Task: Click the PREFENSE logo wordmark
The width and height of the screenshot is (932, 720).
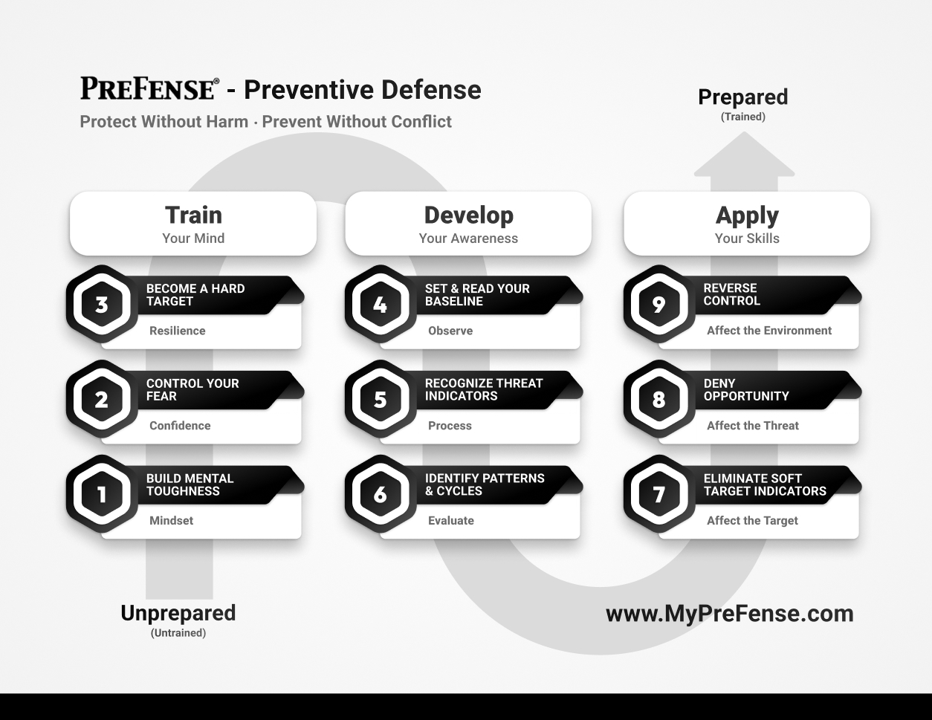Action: (149, 88)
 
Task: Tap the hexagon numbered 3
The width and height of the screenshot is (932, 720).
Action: (102, 304)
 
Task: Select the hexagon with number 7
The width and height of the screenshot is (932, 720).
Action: (658, 494)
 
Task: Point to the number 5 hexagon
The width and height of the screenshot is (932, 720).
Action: (380, 399)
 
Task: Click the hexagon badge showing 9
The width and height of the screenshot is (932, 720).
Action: (658, 304)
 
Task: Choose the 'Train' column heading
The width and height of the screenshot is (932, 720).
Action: (193, 215)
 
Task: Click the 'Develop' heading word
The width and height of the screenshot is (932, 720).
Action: (469, 215)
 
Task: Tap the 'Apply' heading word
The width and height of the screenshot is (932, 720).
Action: (747, 215)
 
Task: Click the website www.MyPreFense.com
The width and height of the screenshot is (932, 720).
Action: (730, 614)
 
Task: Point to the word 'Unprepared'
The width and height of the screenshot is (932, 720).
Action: (178, 614)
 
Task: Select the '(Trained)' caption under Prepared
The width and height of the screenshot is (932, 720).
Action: (743, 117)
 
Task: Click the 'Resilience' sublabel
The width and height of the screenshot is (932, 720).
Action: (177, 331)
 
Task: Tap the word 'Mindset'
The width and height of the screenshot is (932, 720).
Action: (171, 521)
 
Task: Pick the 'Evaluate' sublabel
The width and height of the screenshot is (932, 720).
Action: (451, 521)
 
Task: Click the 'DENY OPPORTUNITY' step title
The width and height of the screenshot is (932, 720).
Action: (746, 389)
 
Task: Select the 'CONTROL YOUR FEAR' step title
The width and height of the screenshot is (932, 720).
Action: (192, 389)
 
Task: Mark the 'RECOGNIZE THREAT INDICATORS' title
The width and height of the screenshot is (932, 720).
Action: (484, 389)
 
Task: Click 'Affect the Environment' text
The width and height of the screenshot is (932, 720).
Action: (769, 331)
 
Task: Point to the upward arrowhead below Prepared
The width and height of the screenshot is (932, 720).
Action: (744, 155)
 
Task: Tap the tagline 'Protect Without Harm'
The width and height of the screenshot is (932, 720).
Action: (164, 122)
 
